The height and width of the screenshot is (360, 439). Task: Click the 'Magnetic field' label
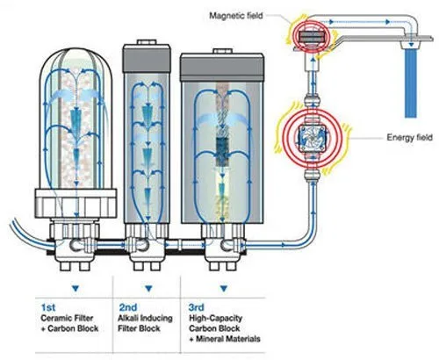[236, 15]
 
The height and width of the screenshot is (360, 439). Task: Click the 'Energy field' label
[409, 137]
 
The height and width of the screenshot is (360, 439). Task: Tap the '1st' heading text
[48, 307]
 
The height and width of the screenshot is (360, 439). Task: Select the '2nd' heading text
[128, 307]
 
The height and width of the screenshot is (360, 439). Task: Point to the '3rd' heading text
[197, 307]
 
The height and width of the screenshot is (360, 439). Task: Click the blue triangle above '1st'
[76, 288]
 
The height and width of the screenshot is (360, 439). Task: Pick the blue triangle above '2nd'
[148, 288]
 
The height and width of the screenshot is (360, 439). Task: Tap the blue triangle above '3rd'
[224, 288]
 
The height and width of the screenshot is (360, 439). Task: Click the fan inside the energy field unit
[313, 137]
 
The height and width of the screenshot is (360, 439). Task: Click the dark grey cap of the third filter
[222, 68]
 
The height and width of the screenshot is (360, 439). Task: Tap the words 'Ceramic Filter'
[67, 318]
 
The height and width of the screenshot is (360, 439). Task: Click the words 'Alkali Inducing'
[145, 318]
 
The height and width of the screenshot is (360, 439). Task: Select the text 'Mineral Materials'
[228, 339]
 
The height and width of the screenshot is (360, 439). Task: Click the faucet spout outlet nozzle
[410, 45]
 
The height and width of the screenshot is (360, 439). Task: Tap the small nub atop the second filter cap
[147, 41]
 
